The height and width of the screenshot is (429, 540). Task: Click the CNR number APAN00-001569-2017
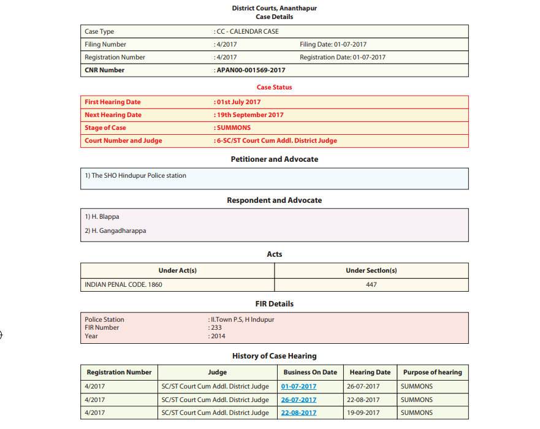point(251,70)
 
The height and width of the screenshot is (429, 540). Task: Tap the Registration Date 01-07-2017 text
point(343,58)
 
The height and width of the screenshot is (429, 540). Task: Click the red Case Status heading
point(274,88)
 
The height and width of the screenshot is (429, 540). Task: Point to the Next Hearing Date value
point(249,115)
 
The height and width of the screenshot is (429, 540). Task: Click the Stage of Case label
point(105,128)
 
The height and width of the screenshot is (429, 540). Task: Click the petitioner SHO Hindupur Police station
point(135,176)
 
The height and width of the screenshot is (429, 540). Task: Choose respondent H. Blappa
point(102,217)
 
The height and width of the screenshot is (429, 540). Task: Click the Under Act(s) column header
point(177,271)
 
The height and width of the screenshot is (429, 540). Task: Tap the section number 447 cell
point(371,284)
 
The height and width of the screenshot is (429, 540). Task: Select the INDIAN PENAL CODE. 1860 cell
point(123,284)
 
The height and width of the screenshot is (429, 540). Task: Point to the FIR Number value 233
point(216,328)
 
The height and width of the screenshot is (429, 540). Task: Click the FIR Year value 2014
point(217,336)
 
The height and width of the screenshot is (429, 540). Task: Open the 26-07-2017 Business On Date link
point(299,400)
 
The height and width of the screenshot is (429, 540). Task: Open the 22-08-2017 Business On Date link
point(299,413)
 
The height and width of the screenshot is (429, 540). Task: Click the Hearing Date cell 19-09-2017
point(363,413)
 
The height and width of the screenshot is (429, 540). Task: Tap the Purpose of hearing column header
point(432,373)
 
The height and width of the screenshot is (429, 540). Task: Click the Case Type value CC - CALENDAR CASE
point(247,32)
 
